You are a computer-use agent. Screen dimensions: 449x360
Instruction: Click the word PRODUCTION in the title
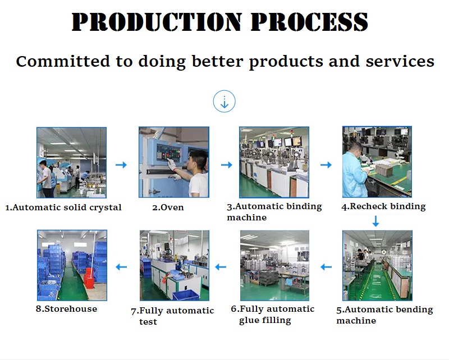coord(157,22)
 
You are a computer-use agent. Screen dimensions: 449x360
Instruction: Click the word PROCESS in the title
coord(309,22)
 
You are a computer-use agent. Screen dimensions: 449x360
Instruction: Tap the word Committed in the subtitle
coord(63,61)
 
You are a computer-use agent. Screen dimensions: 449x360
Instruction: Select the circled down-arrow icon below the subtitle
coord(224,101)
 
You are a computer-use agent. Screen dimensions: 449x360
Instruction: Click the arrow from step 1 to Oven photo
coord(121,165)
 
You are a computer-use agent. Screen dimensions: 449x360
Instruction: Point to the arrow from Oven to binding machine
coord(227,165)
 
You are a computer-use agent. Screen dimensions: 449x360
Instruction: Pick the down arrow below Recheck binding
coord(375,221)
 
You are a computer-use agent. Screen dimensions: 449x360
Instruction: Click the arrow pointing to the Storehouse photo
coord(121,267)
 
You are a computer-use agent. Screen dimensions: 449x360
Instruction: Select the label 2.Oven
coord(168,207)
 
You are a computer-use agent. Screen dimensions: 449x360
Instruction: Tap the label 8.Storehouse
coord(66,309)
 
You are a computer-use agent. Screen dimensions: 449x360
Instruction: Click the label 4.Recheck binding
coord(383,206)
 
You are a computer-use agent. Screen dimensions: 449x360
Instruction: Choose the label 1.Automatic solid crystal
coord(63,207)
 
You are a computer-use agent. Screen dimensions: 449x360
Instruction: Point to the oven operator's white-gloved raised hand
coord(172,164)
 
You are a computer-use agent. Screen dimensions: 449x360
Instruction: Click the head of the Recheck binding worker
coord(356,149)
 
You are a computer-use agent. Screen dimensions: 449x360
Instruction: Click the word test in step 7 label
coord(148,322)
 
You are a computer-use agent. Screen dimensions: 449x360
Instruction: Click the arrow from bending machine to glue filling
coord(326,267)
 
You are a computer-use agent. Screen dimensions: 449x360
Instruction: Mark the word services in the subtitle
coord(400,61)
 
